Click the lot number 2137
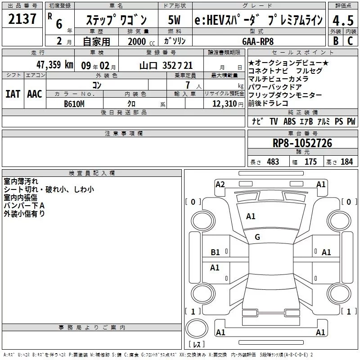point(22,19)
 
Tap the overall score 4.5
point(343,20)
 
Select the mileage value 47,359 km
point(55,65)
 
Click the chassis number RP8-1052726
point(302,143)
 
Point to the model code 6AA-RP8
point(258,41)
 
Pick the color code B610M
point(74,104)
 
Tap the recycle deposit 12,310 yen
point(228,104)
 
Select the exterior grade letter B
point(336,41)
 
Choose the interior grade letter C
point(350,41)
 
